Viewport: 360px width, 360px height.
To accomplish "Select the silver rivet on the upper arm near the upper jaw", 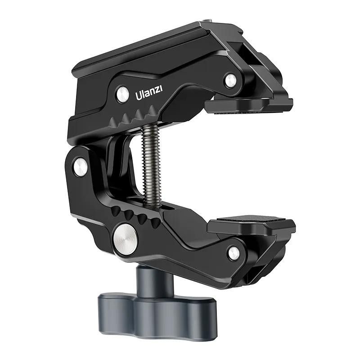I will pos(230,81).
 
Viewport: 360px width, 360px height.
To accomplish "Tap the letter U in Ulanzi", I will pos(138,96).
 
